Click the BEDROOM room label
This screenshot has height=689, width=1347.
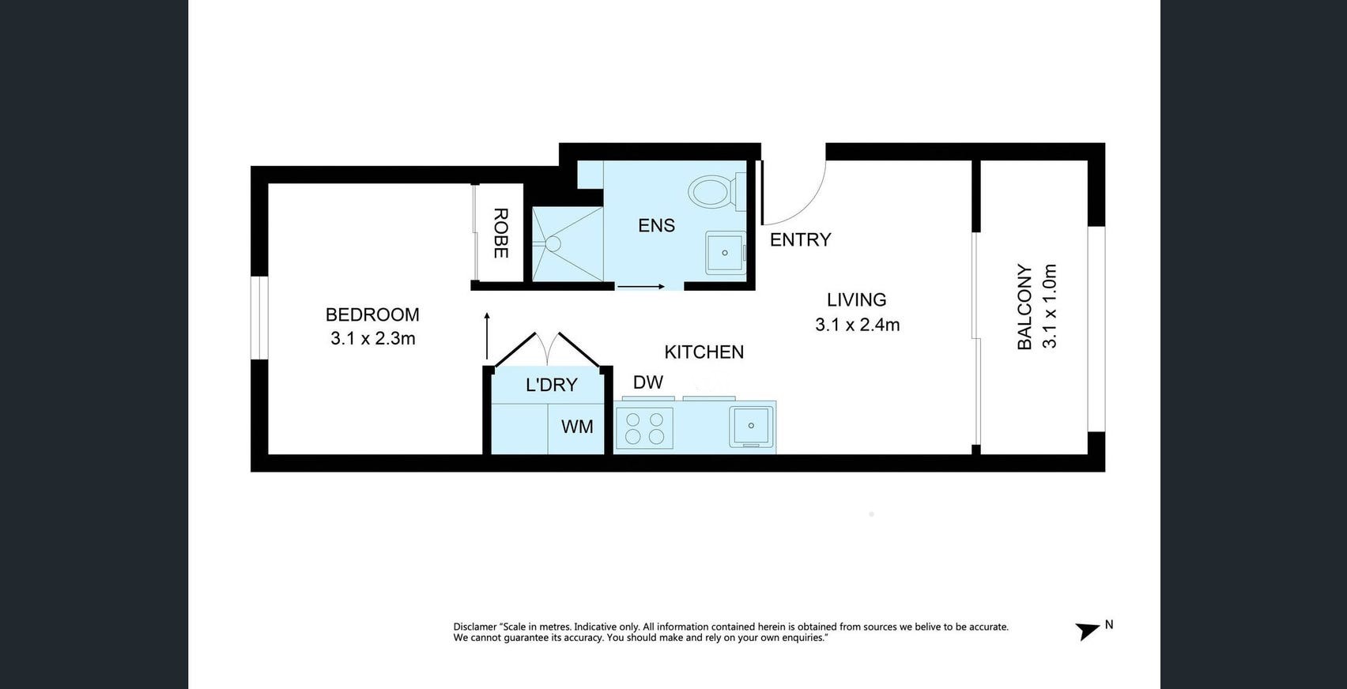[372, 314]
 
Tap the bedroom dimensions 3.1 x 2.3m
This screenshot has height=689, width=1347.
[373, 338]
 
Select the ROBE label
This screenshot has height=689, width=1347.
[500, 233]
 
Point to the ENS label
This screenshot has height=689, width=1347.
[656, 225]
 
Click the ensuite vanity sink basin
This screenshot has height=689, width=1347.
[725, 253]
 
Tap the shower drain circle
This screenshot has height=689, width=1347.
[553, 243]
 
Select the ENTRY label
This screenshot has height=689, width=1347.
[801, 240]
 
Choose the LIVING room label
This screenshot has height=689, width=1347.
[856, 299]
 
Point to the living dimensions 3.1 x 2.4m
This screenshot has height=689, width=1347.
[857, 325]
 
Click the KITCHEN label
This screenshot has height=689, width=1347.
[704, 352]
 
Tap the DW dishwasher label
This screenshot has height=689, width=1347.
[648, 382]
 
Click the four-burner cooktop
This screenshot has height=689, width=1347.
[644, 427]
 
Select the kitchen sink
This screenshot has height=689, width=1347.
[751, 427]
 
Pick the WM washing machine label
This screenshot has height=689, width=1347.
[577, 426]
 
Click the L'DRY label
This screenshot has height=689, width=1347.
[552, 385]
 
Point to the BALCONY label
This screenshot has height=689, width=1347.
[1024, 307]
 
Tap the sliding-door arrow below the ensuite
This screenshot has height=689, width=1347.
[640, 287]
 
